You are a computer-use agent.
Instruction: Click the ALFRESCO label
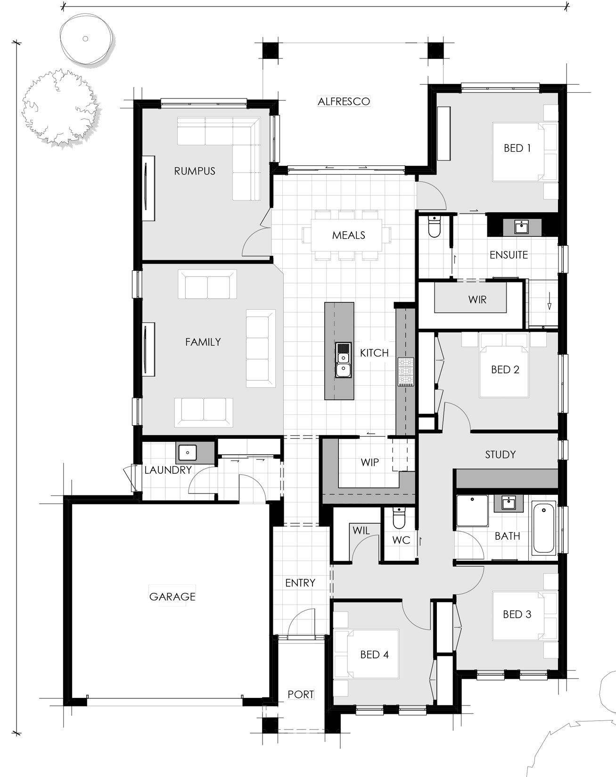pos(344,101)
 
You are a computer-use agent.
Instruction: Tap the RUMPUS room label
pos(195,171)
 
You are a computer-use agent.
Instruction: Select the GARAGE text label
pos(172,597)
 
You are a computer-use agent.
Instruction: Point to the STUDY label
pos(500,454)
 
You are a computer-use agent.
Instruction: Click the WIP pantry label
pos(370,462)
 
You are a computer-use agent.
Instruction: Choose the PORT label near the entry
pos(301,694)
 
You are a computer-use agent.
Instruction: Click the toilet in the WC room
pos(399,518)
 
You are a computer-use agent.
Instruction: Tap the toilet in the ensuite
pos(434,227)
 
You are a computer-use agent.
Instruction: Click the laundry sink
pos(188,453)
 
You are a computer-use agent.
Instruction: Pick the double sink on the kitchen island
pos(343,360)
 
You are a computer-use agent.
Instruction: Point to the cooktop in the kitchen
pos(406,372)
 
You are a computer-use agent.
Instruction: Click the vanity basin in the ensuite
pos(521,227)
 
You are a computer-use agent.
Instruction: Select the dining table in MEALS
pos(346,235)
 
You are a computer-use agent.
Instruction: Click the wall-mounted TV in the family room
pos(149,349)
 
